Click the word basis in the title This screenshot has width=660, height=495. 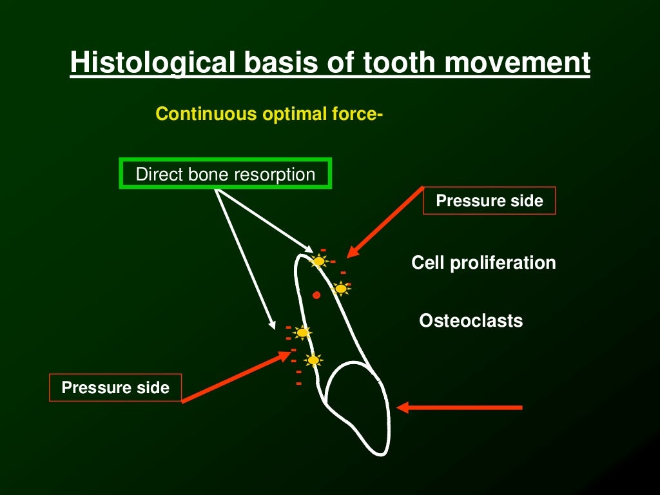click(277, 63)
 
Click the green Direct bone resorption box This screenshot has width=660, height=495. click(225, 174)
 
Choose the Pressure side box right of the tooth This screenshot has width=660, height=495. click(489, 201)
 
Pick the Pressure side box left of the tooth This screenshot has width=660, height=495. click(115, 387)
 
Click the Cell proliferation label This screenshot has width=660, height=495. click(483, 263)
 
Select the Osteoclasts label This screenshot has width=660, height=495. click(471, 320)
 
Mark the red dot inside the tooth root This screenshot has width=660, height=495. click(316, 295)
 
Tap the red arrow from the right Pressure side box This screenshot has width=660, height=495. click(385, 222)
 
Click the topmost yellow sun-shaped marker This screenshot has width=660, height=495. click(318, 261)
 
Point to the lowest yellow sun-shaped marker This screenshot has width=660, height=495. click(313, 360)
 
